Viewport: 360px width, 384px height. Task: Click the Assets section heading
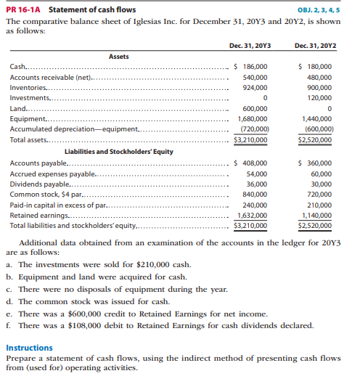pos(119,56)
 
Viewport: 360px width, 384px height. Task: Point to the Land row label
pos(17,108)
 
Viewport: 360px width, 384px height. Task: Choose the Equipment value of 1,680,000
pos(252,118)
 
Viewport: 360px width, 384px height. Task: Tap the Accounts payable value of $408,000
pos(252,163)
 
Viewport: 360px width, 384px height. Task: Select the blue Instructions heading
pos(28,348)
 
